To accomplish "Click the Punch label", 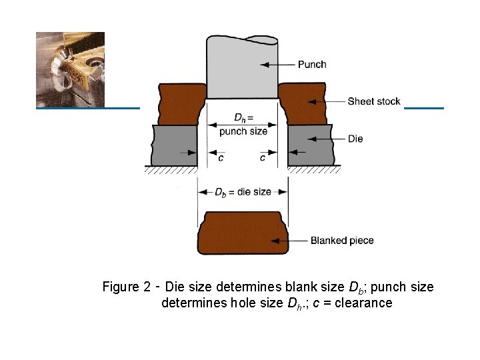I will (312, 65).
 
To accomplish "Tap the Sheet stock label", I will (374, 101).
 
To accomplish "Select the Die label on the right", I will (355, 139).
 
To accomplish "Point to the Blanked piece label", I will (342, 241).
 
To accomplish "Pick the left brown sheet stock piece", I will (180, 103).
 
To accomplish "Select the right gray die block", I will (311, 145).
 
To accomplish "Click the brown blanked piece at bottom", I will (242, 233).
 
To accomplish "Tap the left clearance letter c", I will (221, 158).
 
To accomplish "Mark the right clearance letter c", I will (263, 158).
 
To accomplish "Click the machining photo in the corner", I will (70, 69).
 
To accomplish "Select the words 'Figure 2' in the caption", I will (126, 287).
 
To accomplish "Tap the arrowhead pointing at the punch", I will (263, 65).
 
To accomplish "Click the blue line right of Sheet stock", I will (423, 107).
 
